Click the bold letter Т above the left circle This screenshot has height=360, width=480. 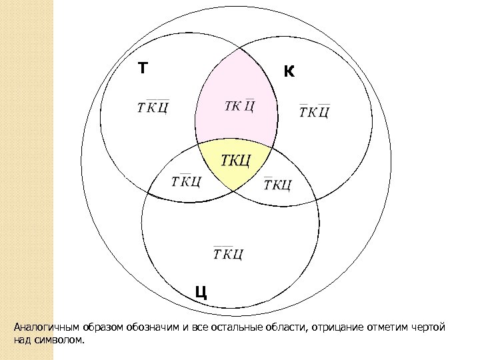click(x=143, y=69)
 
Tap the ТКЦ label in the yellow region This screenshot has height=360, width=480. click(x=235, y=161)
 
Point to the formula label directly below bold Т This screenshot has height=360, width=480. click(x=153, y=108)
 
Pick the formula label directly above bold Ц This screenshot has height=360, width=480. click(x=228, y=253)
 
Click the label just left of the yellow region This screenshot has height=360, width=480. click(x=186, y=181)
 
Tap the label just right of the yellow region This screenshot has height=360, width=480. click(x=277, y=184)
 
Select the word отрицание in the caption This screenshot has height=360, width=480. click(x=333, y=328)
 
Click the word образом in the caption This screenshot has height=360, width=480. click(x=101, y=328)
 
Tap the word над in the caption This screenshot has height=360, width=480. click(x=21, y=340)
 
